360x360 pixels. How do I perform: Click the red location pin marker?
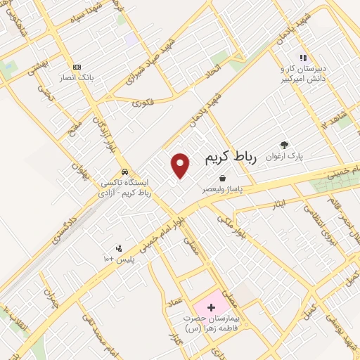[181, 165]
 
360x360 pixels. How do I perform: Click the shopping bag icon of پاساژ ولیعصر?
[222, 178]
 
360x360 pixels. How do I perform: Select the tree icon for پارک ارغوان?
[284, 144]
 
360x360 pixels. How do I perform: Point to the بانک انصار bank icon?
[77, 65]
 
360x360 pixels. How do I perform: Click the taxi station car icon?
[124, 172]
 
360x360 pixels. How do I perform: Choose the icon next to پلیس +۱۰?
[118, 247]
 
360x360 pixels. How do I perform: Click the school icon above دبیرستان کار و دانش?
[303, 58]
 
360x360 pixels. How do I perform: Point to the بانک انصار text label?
[77, 77]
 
